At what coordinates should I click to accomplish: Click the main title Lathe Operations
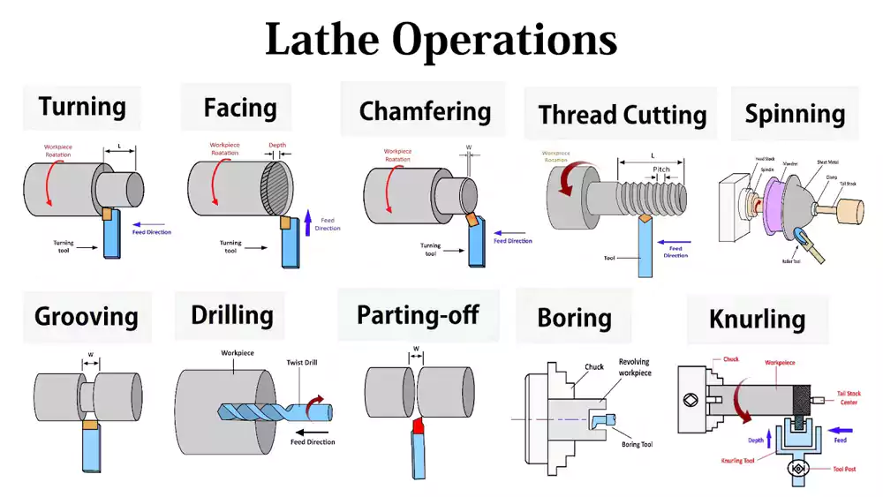441,40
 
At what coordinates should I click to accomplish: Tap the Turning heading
82,107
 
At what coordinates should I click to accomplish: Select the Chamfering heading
425,111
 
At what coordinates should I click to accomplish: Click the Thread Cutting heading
623,115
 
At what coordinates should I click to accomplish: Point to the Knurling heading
757,319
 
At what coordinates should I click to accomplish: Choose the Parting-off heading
419,315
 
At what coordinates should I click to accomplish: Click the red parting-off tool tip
417,428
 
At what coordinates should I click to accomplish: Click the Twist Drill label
307,363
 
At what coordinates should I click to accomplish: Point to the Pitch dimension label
660,169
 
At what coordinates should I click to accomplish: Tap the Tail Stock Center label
850,398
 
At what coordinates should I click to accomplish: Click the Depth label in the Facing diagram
277,145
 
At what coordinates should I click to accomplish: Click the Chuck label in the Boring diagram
593,366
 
